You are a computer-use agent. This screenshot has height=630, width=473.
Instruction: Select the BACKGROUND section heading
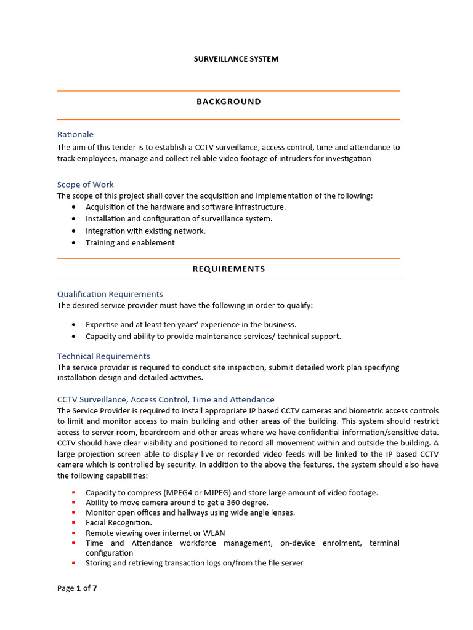click(228, 102)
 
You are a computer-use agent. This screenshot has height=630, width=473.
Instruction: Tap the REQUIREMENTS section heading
click(228, 269)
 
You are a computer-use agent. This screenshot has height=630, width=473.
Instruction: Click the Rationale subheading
click(75, 134)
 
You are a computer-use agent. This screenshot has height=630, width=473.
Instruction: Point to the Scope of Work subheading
click(85, 185)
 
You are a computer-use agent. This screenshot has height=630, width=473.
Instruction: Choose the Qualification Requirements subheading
click(110, 294)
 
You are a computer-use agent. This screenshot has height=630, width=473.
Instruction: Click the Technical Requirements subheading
click(103, 356)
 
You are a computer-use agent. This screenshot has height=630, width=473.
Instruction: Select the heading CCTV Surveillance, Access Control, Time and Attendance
click(166, 399)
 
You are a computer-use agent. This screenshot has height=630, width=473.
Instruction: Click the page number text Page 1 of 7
click(77, 588)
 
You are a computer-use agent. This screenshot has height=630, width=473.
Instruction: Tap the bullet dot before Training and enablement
click(74, 243)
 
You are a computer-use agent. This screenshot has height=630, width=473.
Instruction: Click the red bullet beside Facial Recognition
click(73, 523)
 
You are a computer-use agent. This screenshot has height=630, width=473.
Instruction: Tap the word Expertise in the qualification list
click(103, 324)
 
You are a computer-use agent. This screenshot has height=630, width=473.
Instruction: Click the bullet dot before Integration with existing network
click(74, 231)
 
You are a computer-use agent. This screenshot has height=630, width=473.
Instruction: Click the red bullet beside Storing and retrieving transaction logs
click(73, 563)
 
